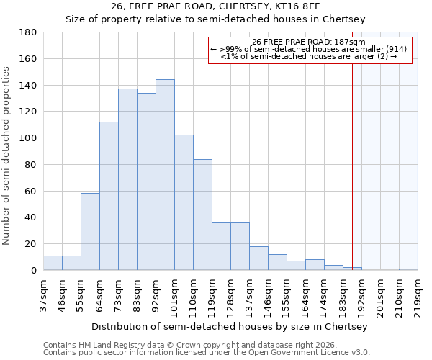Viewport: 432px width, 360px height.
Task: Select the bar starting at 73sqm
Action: pyautogui.click(x=127, y=179)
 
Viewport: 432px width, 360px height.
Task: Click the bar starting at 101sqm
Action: pyautogui.click(x=184, y=202)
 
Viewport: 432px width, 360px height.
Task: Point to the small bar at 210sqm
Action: pyautogui.click(x=408, y=269)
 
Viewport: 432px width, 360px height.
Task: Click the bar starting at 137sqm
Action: pyautogui.click(x=258, y=258)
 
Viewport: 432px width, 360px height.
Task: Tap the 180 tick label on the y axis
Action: pyautogui.click(x=28, y=32)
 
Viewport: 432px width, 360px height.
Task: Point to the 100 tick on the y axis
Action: pyautogui.click(x=28, y=138)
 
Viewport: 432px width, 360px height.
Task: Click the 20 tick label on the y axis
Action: pyautogui.click(x=31, y=244)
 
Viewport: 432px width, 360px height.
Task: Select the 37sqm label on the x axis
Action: pyautogui.click(x=43, y=292)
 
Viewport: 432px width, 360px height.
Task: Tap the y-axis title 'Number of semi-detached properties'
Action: pyautogui.click(x=7, y=156)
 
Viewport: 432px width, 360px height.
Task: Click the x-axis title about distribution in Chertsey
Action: pyautogui.click(x=230, y=326)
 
